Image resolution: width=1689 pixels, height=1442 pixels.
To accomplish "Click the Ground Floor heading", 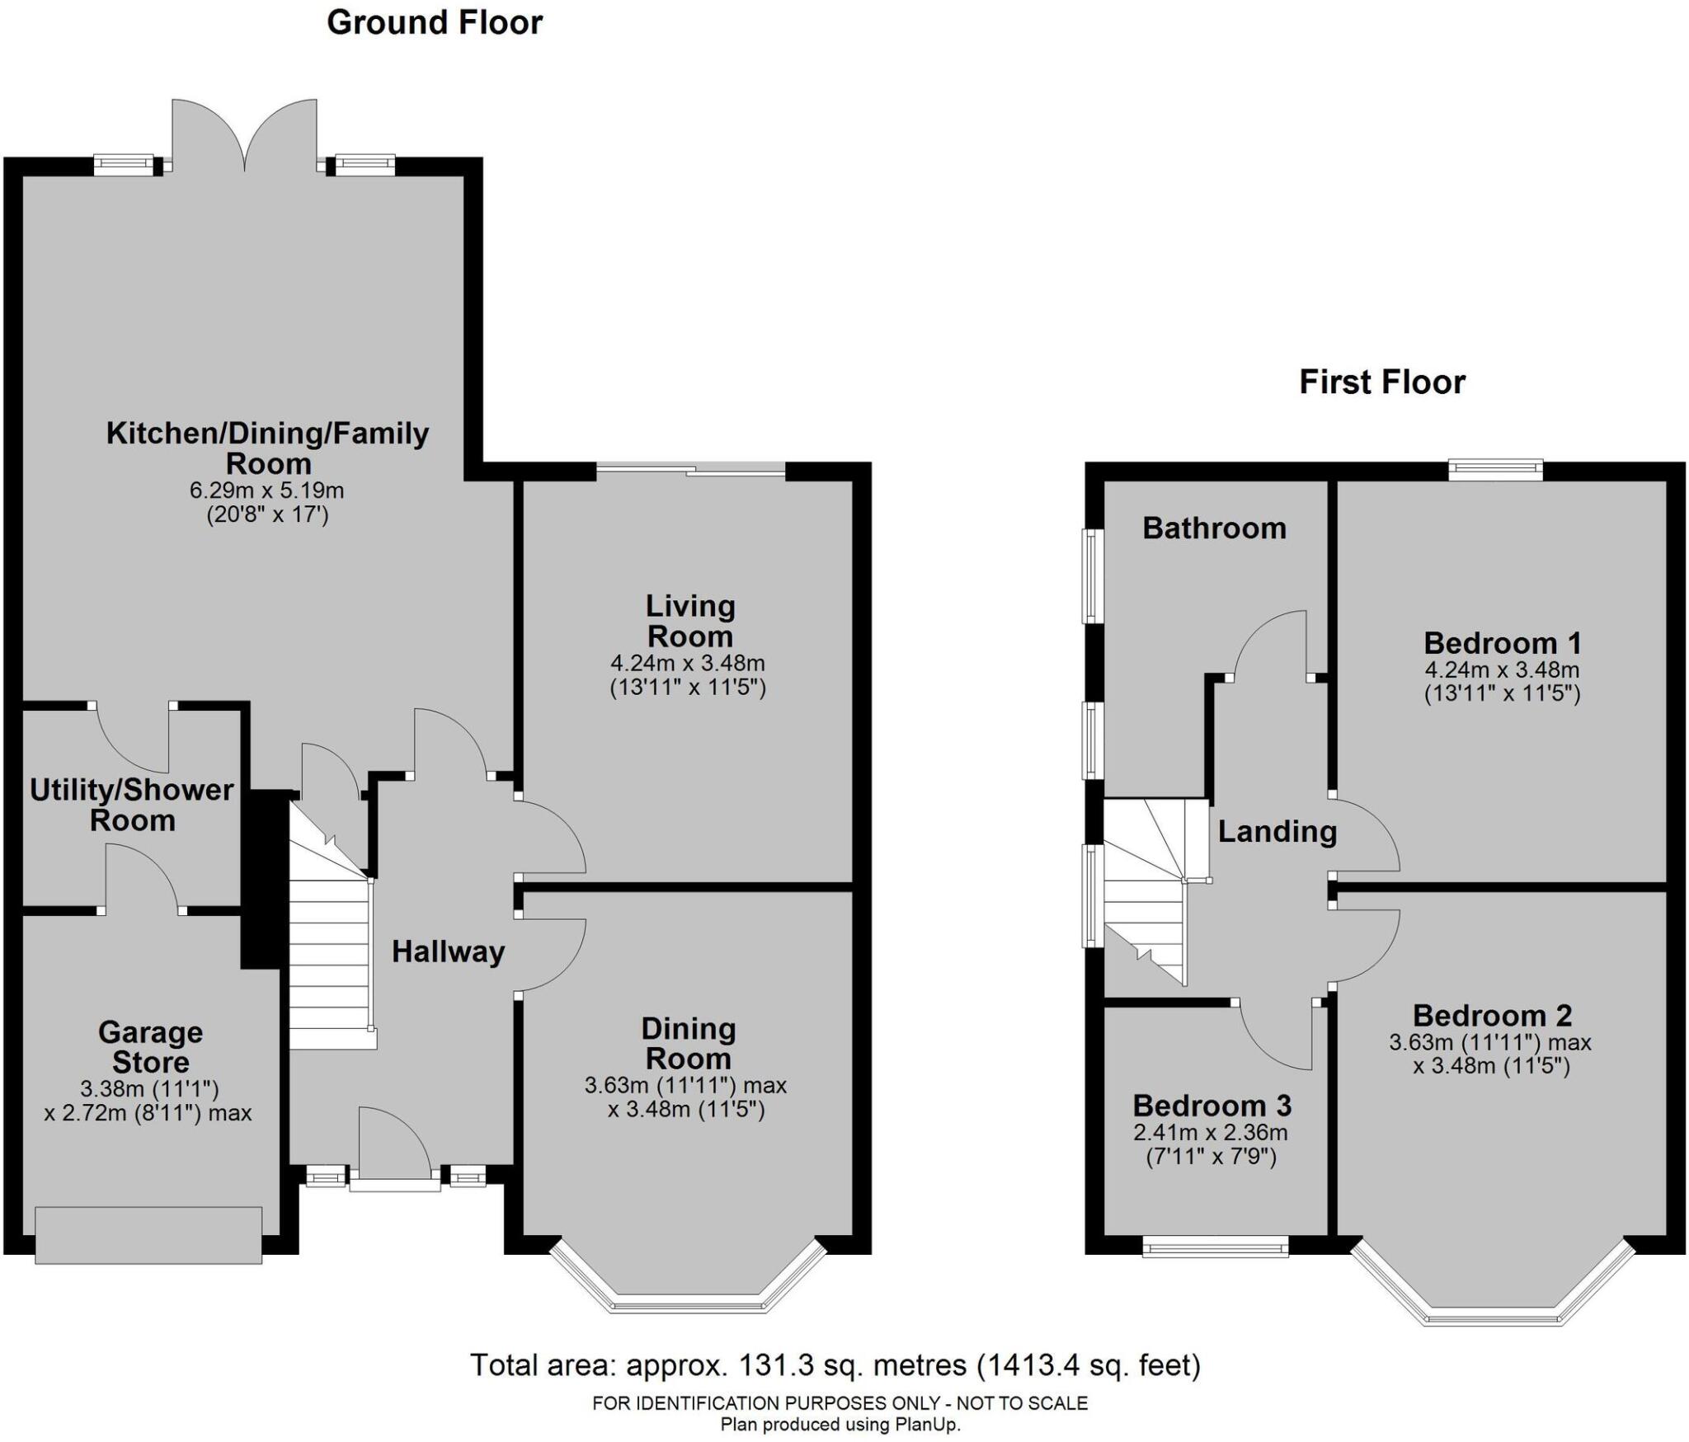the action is (435, 23).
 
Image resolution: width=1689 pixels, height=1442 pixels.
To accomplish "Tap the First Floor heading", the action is (1382, 383).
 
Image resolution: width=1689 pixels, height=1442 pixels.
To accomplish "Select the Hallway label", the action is (448, 952).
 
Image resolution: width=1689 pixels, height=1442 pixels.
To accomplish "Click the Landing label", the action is (1277, 832).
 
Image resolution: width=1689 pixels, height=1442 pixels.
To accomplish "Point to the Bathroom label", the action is (1214, 528).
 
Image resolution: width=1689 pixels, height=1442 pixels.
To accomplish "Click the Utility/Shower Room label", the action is (132, 806).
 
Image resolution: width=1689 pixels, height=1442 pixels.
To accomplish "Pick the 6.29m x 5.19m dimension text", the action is (267, 491).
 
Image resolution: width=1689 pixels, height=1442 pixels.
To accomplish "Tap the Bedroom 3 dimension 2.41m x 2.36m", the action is (1211, 1133).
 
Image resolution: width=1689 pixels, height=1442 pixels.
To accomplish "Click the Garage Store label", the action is (150, 1047).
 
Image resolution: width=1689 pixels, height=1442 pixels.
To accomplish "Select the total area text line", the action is (835, 1365).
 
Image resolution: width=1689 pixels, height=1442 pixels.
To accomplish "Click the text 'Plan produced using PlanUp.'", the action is (840, 1424).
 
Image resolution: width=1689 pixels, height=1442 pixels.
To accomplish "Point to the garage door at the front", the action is (148, 1234).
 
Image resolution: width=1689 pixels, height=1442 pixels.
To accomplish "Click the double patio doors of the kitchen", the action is (244, 136).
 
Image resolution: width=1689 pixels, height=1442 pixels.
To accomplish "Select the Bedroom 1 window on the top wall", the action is (1496, 470).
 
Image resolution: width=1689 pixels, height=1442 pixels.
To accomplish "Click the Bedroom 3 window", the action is (1215, 1246).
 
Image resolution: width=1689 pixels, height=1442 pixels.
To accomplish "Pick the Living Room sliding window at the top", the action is (691, 472).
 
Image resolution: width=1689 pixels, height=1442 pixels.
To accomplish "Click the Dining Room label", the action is (688, 1044).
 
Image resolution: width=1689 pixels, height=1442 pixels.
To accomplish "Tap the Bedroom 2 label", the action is (1493, 1015).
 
